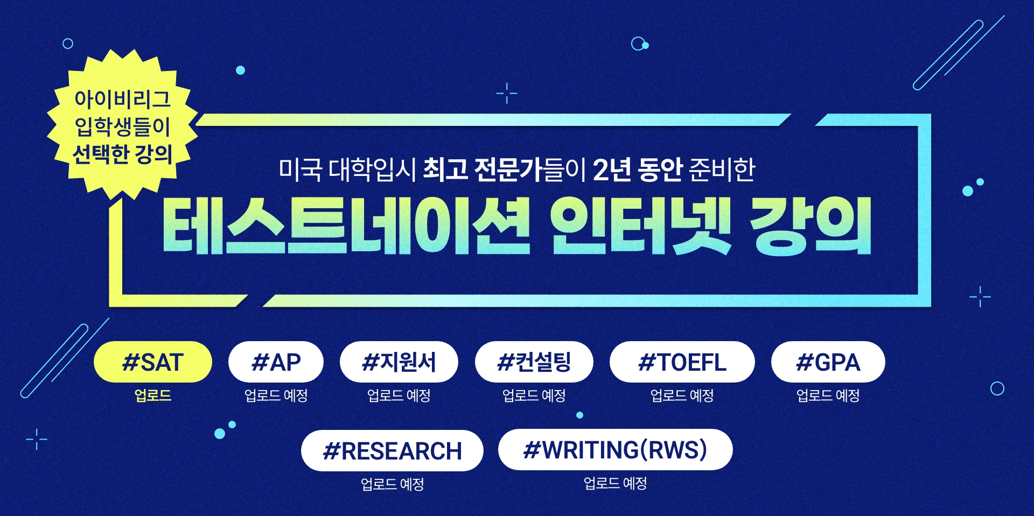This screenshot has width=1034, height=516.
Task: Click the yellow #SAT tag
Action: (x=153, y=362)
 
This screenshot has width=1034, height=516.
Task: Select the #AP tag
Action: (x=276, y=362)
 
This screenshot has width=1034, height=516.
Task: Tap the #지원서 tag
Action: (x=399, y=362)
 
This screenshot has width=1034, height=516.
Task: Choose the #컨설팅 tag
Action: (x=534, y=362)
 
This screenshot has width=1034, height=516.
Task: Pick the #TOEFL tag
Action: (x=682, y=362)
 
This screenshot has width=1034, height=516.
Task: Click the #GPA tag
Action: (x=828, y=362)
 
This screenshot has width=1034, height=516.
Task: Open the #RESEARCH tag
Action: (x=392, y=451)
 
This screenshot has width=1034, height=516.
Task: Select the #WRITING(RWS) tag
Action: (x=616, y=450)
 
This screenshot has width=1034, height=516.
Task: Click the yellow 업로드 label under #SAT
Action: (x=153, y=395)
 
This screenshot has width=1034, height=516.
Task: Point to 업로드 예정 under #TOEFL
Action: (x=682, y=395)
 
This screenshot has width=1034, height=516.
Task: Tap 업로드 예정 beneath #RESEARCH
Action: (x=392, y=484)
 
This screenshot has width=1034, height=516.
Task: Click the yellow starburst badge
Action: (x=123, y=124)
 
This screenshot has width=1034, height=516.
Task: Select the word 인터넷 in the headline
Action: (x=641, y=225)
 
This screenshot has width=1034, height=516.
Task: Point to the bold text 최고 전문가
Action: (x=482, y=169)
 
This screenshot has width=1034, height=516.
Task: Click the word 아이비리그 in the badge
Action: (x=123, y=98)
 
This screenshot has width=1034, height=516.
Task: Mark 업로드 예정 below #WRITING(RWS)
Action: (x=616, y=483)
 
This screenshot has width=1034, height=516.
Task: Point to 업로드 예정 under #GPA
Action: (x=828, y=395)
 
